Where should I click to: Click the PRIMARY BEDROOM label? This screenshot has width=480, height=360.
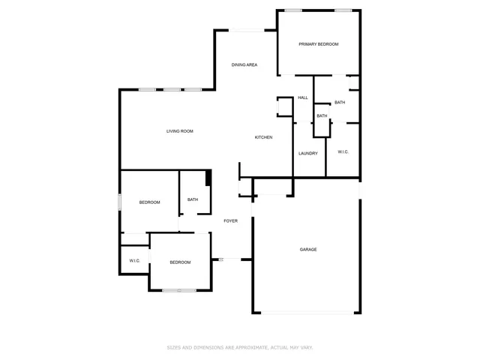(319, 44)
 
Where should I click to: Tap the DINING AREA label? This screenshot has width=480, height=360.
(244, 65)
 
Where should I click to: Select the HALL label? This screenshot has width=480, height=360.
(303, 97)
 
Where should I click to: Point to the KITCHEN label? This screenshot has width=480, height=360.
(263, 137)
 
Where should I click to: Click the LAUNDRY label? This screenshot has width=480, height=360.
(308, 154)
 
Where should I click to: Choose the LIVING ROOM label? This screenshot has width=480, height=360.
(180, 131)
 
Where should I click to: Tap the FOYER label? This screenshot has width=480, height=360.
(231, 220)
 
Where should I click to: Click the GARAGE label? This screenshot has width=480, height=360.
(308, 249)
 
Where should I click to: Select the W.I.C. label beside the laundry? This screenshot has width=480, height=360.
(343, 152)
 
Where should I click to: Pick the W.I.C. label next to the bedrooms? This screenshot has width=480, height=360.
(135, 261)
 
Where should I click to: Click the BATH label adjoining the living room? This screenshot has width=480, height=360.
(193, 199)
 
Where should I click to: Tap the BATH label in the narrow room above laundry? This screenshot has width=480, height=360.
(322, 115)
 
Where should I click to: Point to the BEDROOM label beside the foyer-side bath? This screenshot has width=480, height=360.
(149, 202)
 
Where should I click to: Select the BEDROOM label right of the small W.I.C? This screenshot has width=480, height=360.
(180, 262)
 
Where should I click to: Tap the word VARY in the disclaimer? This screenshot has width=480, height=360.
(306, 347)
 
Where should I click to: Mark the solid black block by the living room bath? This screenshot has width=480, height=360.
(209, 178)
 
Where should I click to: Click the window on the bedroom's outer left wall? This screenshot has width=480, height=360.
(120, 202)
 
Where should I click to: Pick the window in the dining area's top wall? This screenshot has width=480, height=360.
(246, 30)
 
